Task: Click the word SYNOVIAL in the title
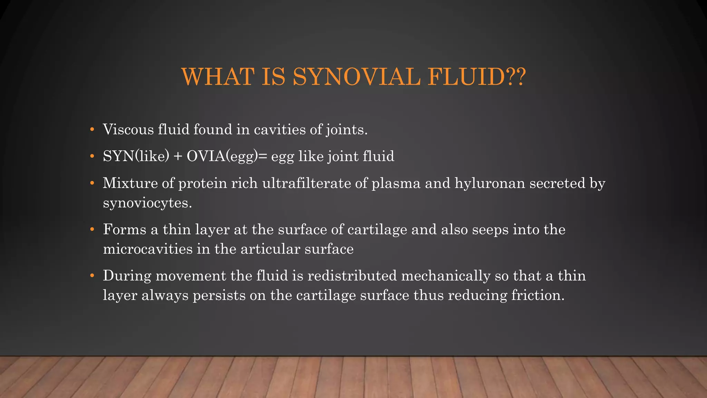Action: (357, 77)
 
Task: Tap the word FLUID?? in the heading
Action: (477, 77)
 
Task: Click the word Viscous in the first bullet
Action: (128, 130)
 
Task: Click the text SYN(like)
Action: (136, 156)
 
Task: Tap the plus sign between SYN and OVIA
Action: (178, 157)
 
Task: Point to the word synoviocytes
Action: (147, 203)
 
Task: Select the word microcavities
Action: (148, 249)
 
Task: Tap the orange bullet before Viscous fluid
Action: (92, 130)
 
